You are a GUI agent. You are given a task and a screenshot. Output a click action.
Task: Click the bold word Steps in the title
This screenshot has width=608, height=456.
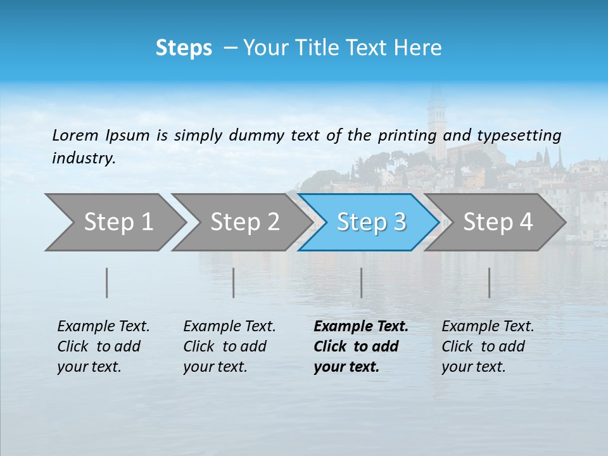pyautogui.click(x=184, y=48)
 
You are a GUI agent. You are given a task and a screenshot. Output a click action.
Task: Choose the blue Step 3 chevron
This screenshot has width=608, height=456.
pyautogui.click(x=370, y=222)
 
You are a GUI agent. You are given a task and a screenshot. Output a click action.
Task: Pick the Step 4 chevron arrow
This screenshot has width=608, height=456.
pyautogui.click(x=497, y=222)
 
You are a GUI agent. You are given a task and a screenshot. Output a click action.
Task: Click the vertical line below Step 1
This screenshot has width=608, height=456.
pyautogui.click(x=107, y=282)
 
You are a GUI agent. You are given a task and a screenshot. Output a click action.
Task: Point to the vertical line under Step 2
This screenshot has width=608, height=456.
pyautogui.click(x=234, y=282)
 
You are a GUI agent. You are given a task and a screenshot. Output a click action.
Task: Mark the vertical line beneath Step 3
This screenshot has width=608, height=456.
pyautogui.click(x=362, y=282)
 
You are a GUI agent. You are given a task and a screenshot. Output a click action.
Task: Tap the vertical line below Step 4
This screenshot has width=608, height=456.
pyautogui.click(x=490, y=282)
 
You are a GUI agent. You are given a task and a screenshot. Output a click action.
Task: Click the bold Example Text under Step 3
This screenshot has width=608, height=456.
pyautogui.click(x=360, y=346)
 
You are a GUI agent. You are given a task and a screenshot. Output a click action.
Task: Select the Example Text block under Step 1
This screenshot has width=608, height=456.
pyautogui.click(x=103, y=346)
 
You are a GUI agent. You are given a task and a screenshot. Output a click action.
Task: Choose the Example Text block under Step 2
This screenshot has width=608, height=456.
pyautogui.click(x=229, y=346)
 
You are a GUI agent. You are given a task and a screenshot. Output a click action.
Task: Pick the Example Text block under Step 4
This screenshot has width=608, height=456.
pyautogui.click(x=488, y=346)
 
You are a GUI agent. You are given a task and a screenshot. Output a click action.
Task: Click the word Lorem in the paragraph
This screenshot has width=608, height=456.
pyautogui.click(x=75, y=135)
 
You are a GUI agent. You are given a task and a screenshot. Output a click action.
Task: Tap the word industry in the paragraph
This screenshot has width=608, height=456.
pyautogui.click(x=84, y=158)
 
